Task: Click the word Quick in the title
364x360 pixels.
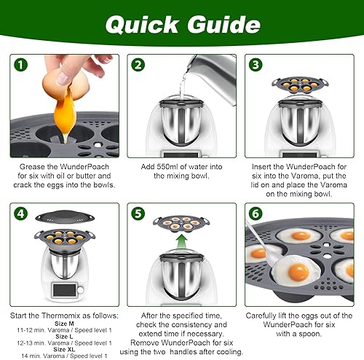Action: [142, 25]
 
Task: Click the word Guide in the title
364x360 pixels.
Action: [224, 24]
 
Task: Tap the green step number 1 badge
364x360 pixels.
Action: [20, 65]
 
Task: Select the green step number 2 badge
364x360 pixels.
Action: [138, 65]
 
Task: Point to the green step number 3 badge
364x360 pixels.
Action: [256, 65]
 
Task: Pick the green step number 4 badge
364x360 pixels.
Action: [20, 214]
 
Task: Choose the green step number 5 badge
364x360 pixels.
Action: [138, 214]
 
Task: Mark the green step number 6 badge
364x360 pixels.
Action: [256, 214]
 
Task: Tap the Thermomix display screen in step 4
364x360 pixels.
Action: [64, 290]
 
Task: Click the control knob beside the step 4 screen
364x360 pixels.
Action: [80, 290]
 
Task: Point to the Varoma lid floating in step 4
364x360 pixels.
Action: [65, 216]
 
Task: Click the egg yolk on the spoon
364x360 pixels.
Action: [298, 272]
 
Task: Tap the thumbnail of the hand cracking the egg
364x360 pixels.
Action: [65, 106]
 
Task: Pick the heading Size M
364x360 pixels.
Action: [64, 324]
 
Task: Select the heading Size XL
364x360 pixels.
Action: [64, 349]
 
